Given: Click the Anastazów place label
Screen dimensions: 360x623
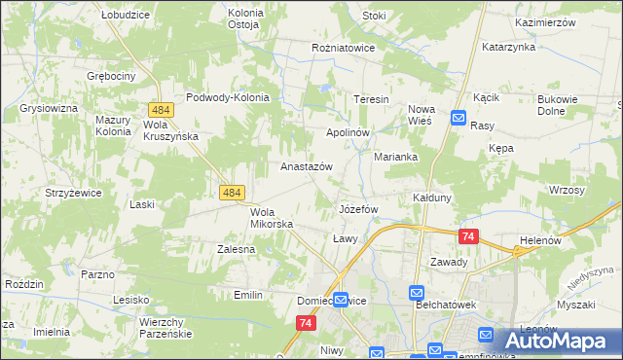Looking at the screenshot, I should (x=307, y=166).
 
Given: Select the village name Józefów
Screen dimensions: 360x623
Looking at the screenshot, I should (x=357, y=209).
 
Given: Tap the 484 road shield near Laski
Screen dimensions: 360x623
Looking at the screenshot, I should (x=232, y=194).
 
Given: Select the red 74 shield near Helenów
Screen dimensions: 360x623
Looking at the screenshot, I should (x=469, y=236).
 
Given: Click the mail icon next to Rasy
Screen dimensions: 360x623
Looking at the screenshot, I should (x=458, y=118).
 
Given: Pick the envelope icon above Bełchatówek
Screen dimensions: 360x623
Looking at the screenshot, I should (x=417, y=292).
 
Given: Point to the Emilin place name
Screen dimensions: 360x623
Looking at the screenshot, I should (x=249, y=294).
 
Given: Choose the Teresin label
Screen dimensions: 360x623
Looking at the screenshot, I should (x=371, y=100).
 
